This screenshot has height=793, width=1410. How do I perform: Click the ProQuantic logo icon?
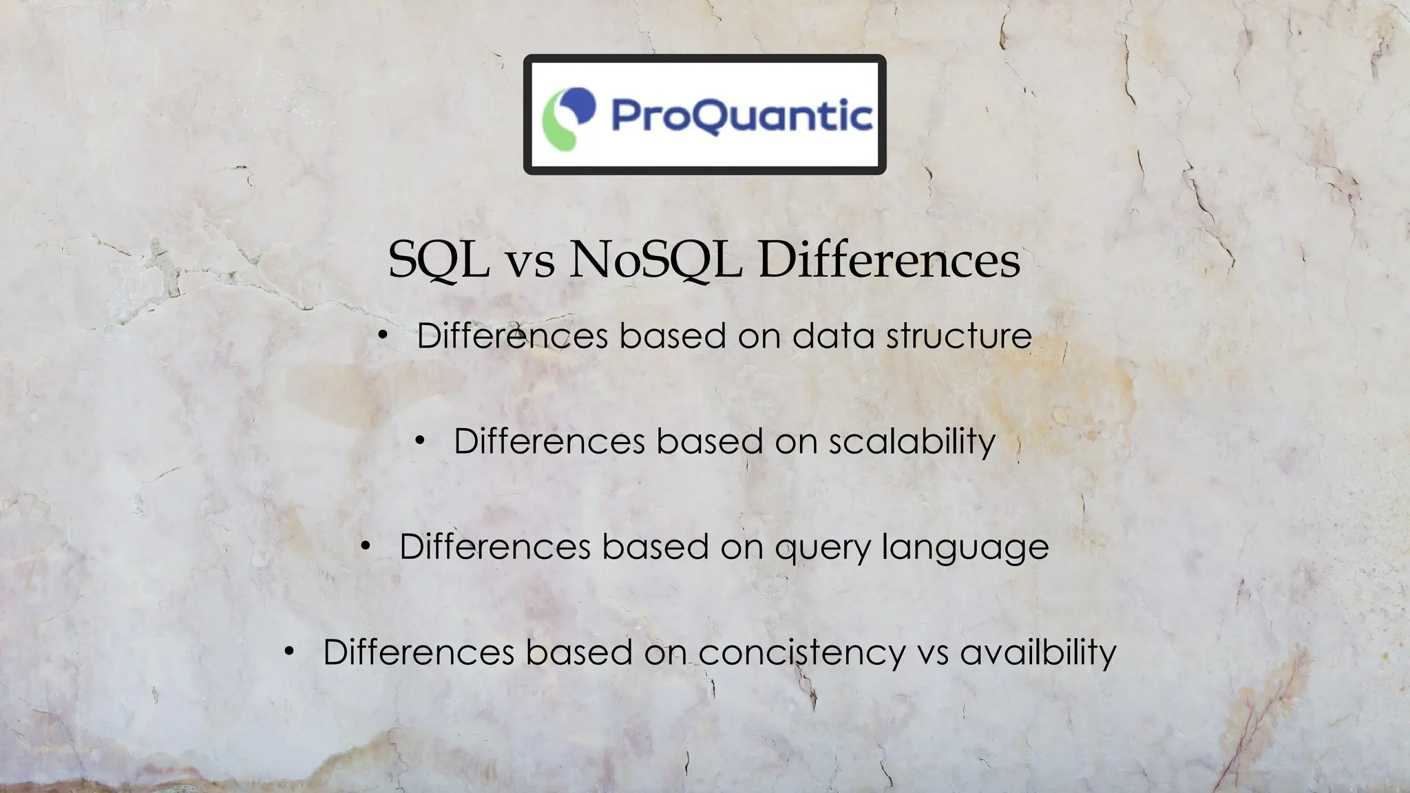click(x=569, y=118)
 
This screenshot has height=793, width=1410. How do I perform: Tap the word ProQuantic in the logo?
click(x=742, y=116)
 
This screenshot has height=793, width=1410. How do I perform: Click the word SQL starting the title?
click(x=439, y=260)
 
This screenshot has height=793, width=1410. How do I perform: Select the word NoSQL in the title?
click(x=655, y=260)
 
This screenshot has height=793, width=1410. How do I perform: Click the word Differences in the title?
click(x=889, y=260)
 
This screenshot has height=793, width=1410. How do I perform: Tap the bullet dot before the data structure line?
click(x=383, y=336)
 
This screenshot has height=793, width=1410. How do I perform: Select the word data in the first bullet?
click(x=833, y=336)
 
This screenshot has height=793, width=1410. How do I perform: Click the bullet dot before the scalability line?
click(x=420, y=441)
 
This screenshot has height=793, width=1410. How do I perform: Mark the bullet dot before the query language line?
click(x=366, y=547)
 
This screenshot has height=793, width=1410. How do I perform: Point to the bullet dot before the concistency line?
click(x=289, y=652)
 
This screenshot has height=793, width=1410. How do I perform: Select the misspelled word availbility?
click(x=1038, y=652)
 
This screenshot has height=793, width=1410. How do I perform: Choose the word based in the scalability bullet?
click(x=710, y=441)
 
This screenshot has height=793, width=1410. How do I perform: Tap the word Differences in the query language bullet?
click(x=495, y=547)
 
